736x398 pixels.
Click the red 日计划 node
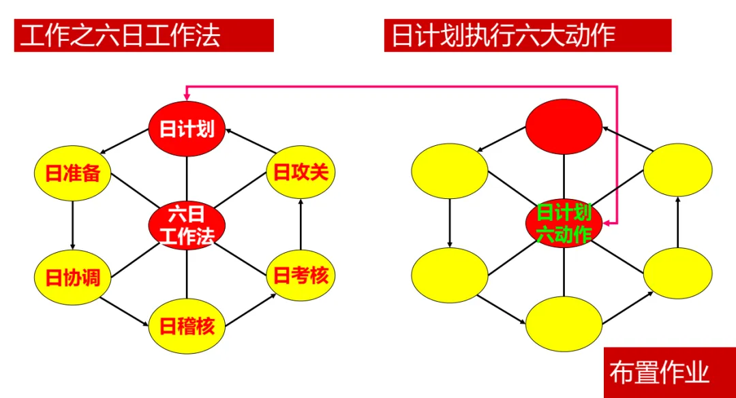click(x=187, y=127)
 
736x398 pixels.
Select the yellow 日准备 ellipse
click(x=72, y=172)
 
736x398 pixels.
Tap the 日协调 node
click(x=72, y=277)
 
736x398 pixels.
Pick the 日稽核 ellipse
click(x=187, y=326)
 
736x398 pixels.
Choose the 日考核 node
click(x=301, y=275)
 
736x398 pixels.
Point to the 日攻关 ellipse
click(x=301, y=171)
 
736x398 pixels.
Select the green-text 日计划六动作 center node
click(x=564, y=223)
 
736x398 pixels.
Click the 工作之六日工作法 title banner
click(x=144, y=35)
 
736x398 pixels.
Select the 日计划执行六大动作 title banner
click(x=527, y=35)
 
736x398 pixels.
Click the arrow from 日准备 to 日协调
click(x=72, y=224)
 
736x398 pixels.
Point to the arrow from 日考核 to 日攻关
click(x=301, y=224)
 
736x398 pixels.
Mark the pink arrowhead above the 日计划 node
click(x=187, y=98)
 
